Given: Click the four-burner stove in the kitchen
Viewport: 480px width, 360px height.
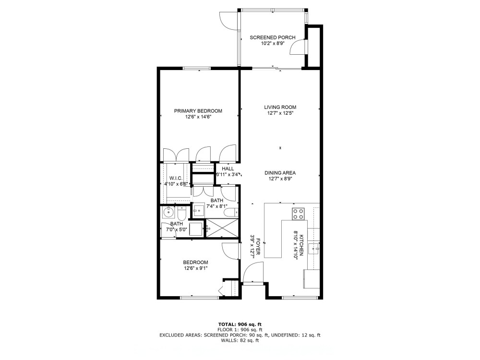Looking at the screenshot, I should click(x=298, y=213).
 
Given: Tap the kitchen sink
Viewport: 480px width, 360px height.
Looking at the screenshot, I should click(x=313, y=248).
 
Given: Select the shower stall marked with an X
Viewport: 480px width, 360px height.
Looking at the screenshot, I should click(x=221, y=228).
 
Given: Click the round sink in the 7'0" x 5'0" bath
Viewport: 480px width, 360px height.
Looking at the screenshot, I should click(x=168, y=212).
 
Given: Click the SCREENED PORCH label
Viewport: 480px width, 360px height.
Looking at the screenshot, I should click(x=272, y=37).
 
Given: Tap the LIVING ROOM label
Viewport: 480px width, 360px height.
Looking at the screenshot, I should click(x=280, y=108).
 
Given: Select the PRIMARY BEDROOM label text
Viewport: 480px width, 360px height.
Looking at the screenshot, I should click(x=198, y=111).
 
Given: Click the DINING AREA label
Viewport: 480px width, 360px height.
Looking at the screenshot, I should click(x=280, y=173).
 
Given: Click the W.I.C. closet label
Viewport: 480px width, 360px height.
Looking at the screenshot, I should click(x=175, y=178).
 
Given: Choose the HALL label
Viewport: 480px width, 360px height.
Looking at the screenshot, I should click(x=228, y=169).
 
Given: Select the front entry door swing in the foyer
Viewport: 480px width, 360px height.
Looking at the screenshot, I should click(x=251, y=275).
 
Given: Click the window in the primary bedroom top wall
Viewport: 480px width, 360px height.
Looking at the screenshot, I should click(x=198, y=68).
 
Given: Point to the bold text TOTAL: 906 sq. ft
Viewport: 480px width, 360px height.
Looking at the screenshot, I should click(x=240, y=324).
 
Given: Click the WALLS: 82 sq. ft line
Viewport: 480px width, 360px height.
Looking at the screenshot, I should click(x=240, y=341).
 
